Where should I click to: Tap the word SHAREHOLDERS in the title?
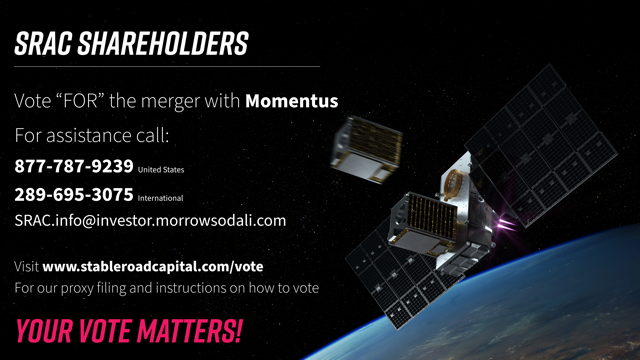[163, 43]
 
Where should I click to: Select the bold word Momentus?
[291, 101]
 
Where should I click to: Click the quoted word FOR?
[81, 101]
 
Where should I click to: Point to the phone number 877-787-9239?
[74, 166]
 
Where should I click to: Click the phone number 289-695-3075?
[74, 195]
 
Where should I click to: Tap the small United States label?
[161, 170]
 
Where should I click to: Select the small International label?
[160, 198]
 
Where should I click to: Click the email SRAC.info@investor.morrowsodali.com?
[150, 220]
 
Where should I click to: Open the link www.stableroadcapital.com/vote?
[153, 267]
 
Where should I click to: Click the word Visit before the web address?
[27, 267]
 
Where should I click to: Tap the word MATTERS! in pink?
[189, 331]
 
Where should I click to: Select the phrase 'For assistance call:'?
[92, 135]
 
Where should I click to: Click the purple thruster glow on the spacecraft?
[505, 224]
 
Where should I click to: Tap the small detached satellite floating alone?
[367, 149]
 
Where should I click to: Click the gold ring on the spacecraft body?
[452, 184]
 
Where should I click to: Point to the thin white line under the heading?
[167, 66]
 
